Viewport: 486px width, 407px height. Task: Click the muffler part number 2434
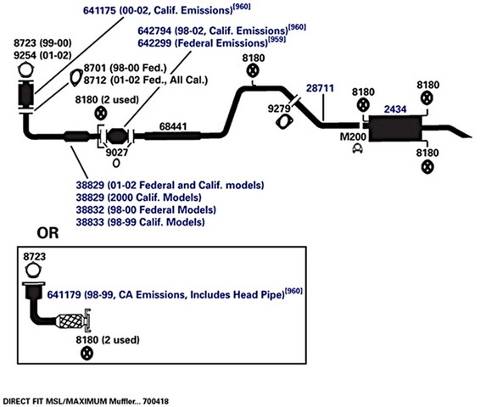pos(395,109)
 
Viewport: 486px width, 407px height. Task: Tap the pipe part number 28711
pos(320,88)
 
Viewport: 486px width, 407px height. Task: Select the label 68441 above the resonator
pos(173,126)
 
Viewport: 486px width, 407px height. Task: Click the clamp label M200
pos(353,137)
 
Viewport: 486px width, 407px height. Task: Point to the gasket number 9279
pos(279,109)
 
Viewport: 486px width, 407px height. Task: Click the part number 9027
pos(117,153)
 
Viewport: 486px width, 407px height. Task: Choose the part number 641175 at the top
pos(99,10)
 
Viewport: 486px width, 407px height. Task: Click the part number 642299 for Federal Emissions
pos(154,43)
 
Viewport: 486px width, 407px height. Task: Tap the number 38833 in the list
pos(90,222)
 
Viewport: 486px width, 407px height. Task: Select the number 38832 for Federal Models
pos(90,209)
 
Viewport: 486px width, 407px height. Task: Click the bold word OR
pos(47,233)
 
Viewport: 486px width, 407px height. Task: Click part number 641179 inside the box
pos(64,294)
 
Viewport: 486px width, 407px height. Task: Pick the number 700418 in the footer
pos(156,401)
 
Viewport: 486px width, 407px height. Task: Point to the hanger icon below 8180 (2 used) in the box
pos(87,354)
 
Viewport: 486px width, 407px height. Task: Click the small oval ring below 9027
pos(116,163)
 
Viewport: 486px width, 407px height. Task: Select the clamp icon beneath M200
pos(358,148)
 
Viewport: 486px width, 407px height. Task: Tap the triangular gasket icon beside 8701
pos(75,77)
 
